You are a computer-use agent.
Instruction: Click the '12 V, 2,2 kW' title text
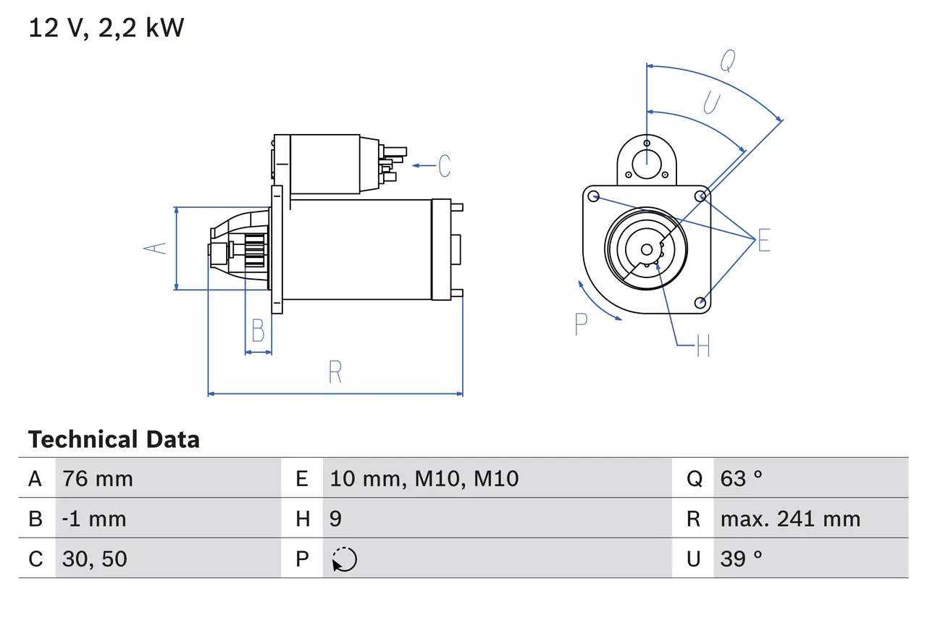point(106,28)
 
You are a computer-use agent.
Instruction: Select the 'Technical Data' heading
point(114,440)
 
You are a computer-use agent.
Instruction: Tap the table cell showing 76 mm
point(98,479)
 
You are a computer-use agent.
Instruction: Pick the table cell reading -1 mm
point(94,519)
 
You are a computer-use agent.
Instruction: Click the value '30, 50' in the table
point(95,559)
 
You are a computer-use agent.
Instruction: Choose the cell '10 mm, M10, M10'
point(424,479)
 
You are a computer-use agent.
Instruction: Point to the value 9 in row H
point(336,519)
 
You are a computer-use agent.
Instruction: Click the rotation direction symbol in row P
point(345,559)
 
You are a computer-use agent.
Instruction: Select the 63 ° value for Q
point(742,479)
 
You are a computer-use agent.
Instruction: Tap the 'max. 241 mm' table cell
point(790,519)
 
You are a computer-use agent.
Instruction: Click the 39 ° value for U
point(742,559)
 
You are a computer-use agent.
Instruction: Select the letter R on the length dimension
point(335,372)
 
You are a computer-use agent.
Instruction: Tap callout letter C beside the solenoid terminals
point(444,166)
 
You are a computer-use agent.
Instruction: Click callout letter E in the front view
point(764,241)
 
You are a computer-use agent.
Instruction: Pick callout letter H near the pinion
point(702,347)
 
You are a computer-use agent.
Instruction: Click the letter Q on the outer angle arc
point(728,62)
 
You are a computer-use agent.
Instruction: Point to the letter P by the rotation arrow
point(581,325)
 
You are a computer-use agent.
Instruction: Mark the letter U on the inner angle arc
point(711,104)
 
